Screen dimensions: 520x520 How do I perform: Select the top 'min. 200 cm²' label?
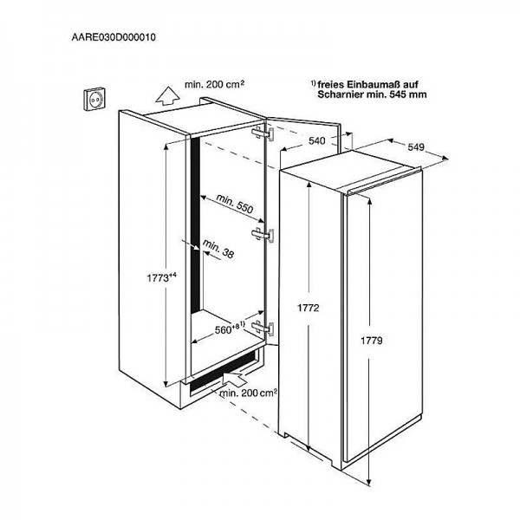(215, 87)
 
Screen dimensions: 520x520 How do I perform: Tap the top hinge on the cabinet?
(266, 134)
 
